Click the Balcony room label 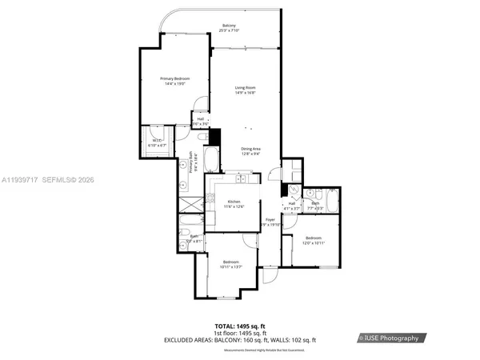point(229,29)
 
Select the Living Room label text point(245,90)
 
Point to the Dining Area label point(251,151)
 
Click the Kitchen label point(234,204)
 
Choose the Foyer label point(270,222)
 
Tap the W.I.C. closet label point(156,143)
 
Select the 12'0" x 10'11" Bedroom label point(314,239)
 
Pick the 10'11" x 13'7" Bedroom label point(231,265)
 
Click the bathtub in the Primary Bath point(211,158)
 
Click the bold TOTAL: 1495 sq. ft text point(239,326)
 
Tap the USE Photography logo point(392,338)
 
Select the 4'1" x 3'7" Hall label point(292,206)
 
